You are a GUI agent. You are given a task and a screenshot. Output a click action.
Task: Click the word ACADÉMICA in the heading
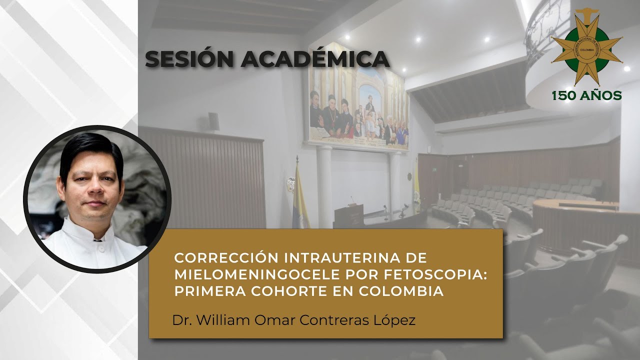click(x=315, y=59)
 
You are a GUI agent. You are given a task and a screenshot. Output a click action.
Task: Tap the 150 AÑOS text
click(x=586, y=95)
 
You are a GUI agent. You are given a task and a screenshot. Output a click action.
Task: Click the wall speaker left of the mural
click(x=214, y=121)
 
